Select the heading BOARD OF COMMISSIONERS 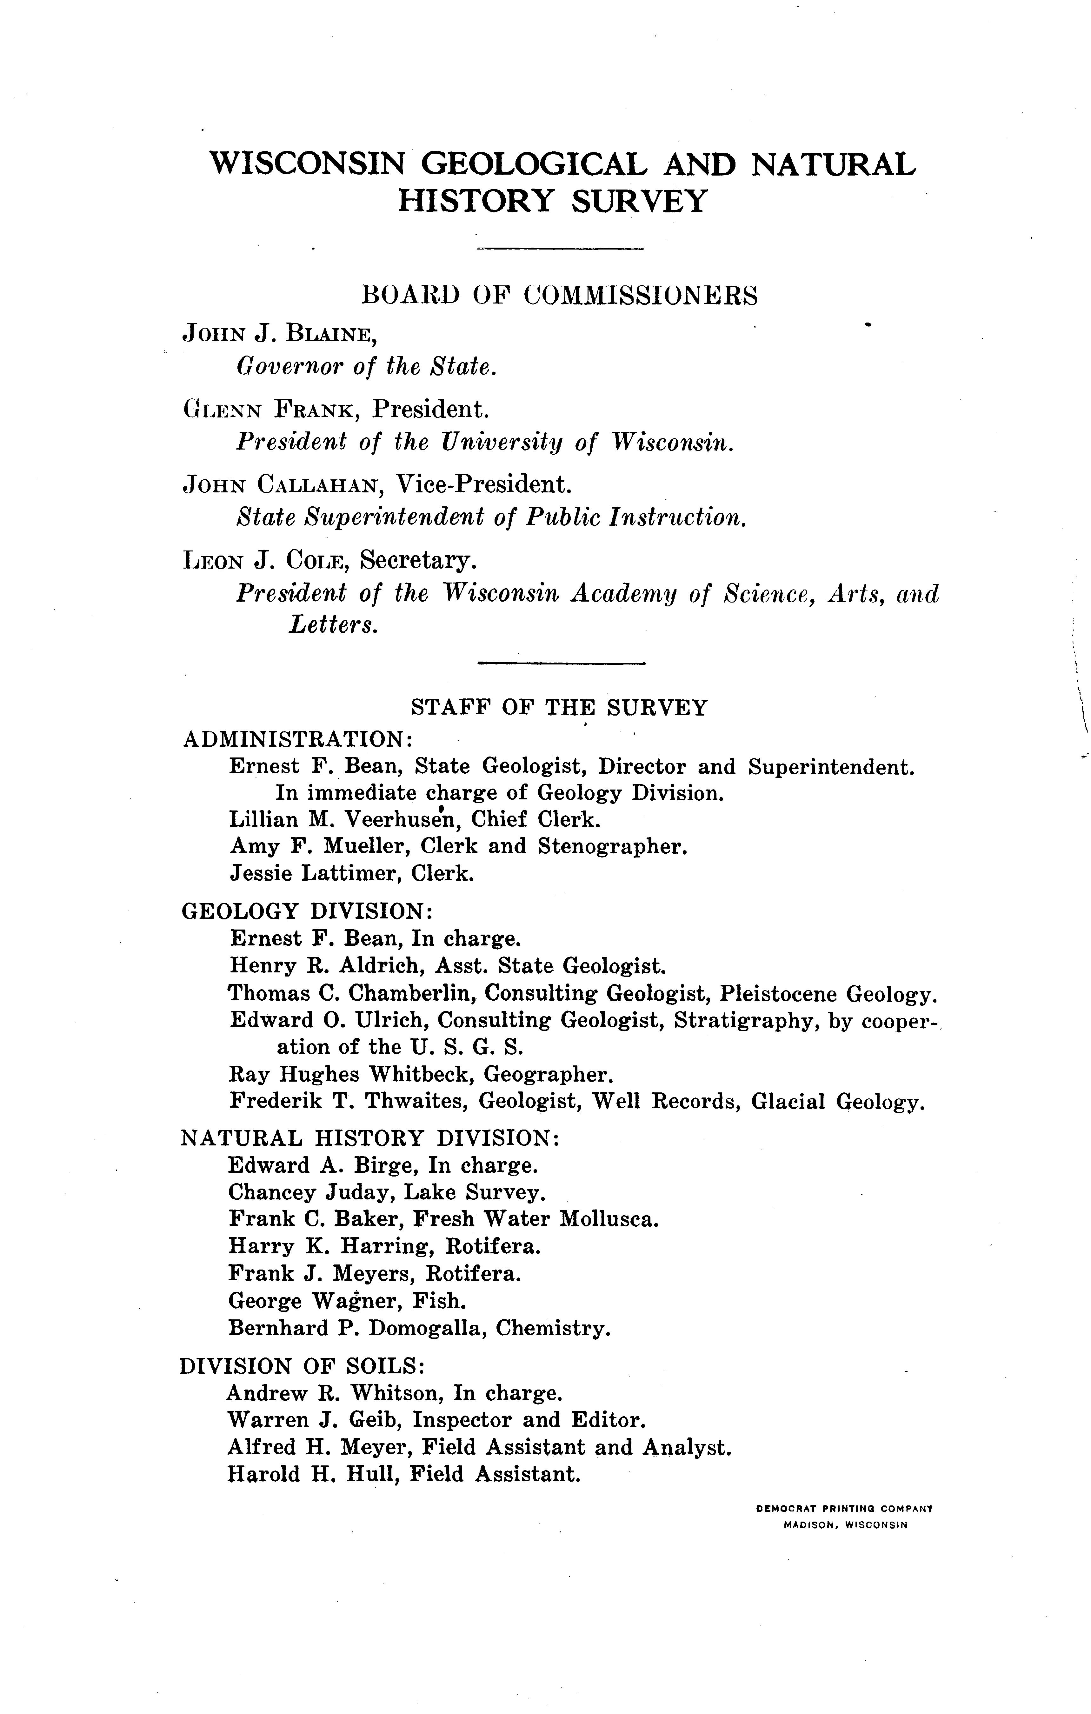559,295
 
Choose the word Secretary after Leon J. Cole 417,562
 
